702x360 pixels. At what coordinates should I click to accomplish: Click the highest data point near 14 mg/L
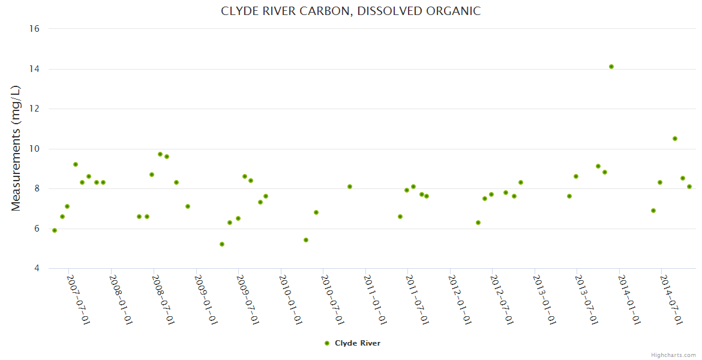click(x=611, y=67)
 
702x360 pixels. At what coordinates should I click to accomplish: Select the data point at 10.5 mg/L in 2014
click(x=675, y=139)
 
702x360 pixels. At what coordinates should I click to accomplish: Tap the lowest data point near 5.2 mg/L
click(x=222, y=244)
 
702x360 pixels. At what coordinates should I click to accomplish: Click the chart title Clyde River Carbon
click(x=350, y=11)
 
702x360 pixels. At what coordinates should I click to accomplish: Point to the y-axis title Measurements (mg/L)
click(x=16, y=148)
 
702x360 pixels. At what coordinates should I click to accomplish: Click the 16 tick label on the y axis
click(x=34, y=29)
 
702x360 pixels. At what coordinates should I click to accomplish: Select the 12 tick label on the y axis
click(x=34, y=109)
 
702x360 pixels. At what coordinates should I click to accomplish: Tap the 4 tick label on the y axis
click(x=37, y=268)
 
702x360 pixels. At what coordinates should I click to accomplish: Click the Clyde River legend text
click(x=358, y=343)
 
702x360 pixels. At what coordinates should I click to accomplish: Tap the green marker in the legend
click(x=327, y=343)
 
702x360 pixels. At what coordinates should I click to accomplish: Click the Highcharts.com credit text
click(x=673, y=355)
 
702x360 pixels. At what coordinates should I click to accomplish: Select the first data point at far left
click(x=55, y=230)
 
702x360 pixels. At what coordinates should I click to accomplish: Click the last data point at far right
click(x=689, y=187)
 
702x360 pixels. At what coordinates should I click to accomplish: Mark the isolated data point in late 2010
click(x=350, y=187)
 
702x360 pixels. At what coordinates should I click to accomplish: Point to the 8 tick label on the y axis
click(x=37, y=188)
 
